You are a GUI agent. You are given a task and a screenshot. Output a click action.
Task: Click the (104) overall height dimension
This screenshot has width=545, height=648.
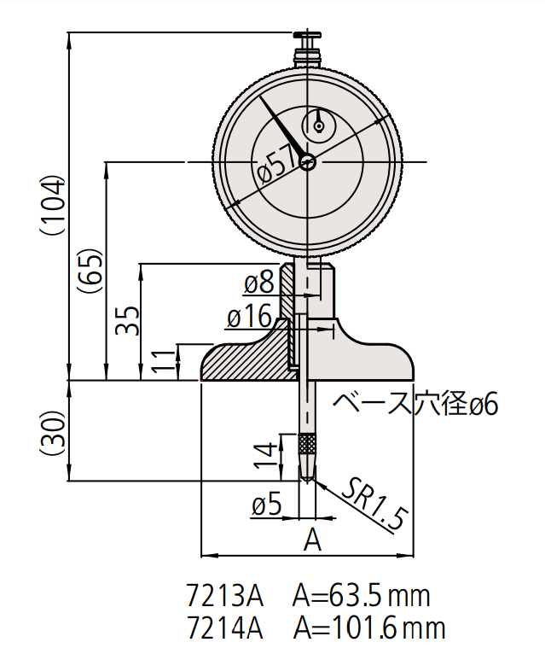point(52,206)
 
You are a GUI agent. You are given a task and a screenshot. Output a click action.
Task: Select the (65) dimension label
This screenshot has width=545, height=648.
point(90,271)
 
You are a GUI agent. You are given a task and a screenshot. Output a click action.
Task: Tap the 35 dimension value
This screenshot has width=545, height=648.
point(127,321)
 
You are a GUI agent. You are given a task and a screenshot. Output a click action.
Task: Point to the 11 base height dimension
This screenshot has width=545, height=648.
point(163,361)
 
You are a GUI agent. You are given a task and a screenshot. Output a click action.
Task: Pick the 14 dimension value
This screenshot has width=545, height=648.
point(264,455)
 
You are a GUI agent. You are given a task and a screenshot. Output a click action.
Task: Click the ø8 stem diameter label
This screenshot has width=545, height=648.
point(259,283)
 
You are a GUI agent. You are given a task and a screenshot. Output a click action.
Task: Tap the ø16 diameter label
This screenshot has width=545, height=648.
point(249,316)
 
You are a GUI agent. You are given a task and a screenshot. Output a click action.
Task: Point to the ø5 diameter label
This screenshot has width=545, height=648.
point(267,504)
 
